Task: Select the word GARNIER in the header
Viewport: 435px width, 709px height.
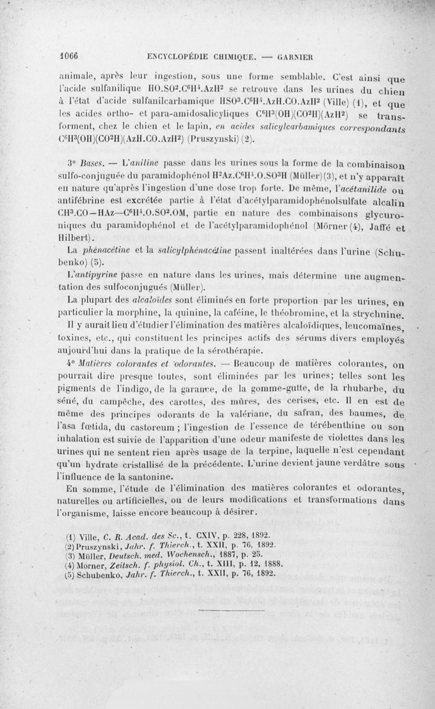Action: coord(301,55)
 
